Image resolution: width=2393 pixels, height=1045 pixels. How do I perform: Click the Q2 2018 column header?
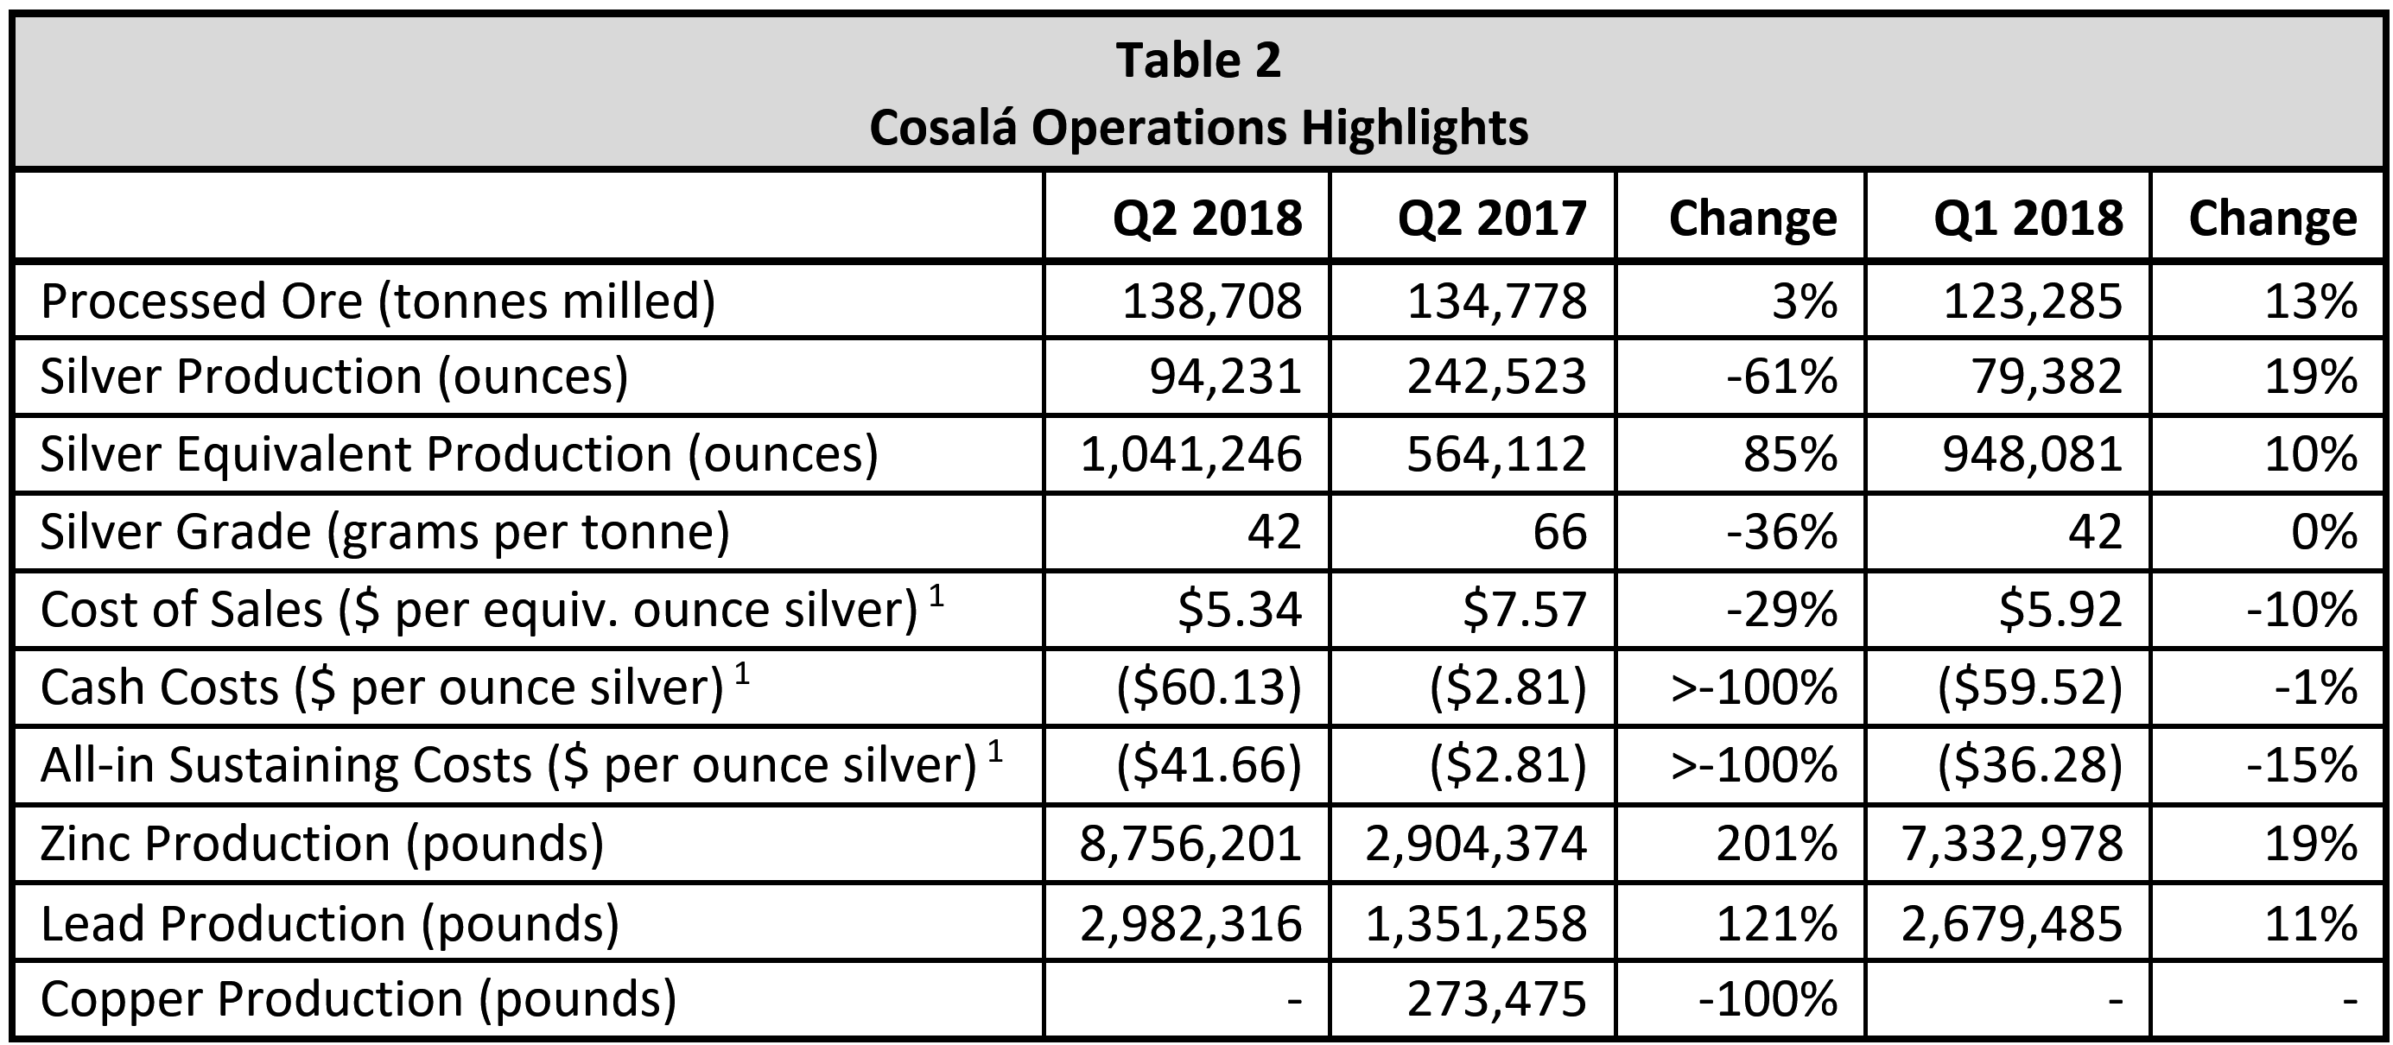(1208, 218)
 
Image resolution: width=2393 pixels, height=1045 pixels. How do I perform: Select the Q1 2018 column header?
(2028, 218)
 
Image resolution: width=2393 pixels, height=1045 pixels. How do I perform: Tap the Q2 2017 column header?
(1492, 218)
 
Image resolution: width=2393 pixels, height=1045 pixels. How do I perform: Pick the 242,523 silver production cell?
(1496, 377)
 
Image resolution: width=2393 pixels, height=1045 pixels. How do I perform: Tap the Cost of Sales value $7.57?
(1525, 610)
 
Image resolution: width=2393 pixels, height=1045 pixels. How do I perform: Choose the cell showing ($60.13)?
(1209, 687)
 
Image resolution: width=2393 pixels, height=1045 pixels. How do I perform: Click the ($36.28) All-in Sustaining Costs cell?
(2030, 765)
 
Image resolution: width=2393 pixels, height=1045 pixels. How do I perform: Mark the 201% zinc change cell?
(1776, 844)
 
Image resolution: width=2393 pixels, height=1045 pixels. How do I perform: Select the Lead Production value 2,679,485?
(2011, 923)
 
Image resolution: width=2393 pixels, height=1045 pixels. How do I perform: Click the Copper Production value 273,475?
(1496, 999)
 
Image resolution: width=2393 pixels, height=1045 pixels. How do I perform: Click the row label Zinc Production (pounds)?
(321, 844)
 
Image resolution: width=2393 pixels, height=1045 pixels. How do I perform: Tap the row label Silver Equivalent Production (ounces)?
(459, 454)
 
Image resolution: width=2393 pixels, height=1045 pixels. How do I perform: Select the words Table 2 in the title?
(1197, 60)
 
